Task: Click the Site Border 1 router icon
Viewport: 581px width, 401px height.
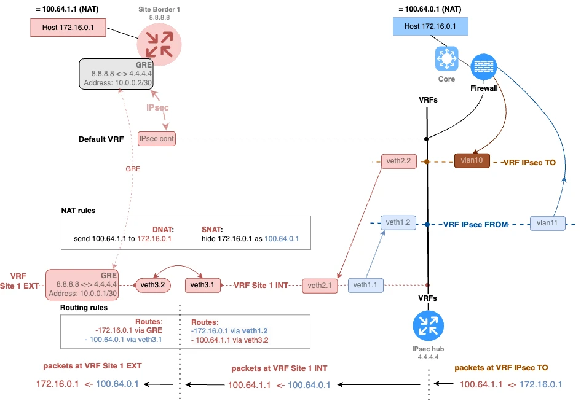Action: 159,42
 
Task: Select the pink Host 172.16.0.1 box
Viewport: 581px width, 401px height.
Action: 68,28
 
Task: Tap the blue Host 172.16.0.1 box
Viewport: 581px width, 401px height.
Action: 430,26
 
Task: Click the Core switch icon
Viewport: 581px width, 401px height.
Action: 446,59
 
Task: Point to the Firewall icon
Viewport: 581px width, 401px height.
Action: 483,67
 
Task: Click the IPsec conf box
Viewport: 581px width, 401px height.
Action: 157,139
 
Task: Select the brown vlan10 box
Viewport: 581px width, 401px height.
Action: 472,162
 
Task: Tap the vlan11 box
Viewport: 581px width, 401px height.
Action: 547,224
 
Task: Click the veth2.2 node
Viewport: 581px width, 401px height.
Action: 398,162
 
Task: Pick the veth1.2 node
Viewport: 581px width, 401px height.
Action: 398,223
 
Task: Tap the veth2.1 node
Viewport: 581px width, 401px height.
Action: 320,285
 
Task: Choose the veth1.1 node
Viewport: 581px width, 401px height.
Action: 366,285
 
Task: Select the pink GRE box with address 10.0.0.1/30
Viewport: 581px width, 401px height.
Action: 81,284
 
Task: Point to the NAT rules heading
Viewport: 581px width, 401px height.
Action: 78,211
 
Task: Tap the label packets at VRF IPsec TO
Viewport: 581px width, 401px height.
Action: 501,367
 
